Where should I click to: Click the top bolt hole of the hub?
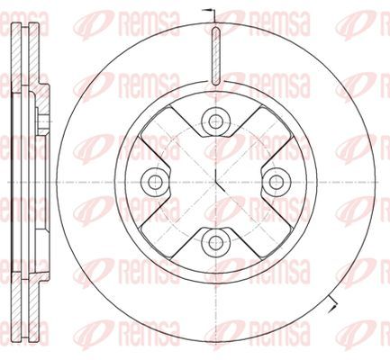pyautogui.click(x=215, y=121)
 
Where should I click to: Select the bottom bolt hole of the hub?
pyautogui.click(x=215, y=242)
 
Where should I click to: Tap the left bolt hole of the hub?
pyautogui.click(x=155, y=182)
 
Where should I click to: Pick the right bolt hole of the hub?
pyautogui.click(x=276, y=182)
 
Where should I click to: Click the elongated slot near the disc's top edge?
pyautogui.click(x=215, y=56)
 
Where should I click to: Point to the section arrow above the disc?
pyautogui.click(x=211, y=15)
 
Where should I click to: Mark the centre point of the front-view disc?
pyautogui.click(x=216, y=182)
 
